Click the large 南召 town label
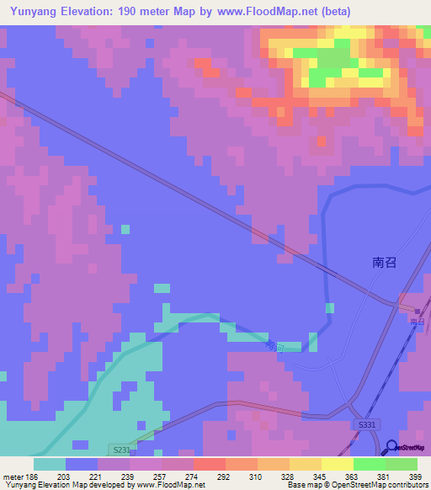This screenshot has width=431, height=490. pos(384,262)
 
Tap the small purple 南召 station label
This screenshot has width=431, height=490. pos(418,322)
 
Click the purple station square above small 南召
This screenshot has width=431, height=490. pos(417,312)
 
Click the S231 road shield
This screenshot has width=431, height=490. pos(120,450)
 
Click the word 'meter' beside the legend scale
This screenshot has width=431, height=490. pos(12,477)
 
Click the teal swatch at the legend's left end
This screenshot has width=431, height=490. pos(50,464)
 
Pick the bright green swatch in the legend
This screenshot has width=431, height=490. pos(370,464)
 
